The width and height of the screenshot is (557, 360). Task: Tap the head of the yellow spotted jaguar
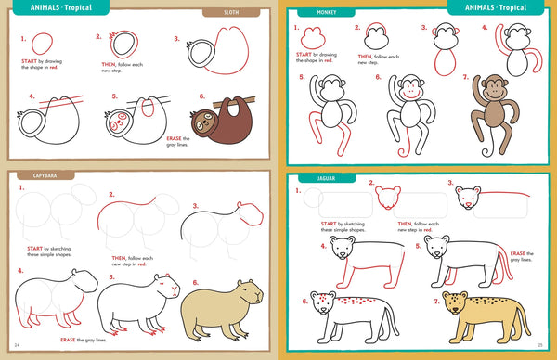455,304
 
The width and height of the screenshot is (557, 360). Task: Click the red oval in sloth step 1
42,45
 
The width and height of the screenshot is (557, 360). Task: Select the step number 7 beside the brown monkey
467,77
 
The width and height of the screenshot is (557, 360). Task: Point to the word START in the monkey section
304,54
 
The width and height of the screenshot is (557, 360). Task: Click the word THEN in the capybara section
118,258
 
